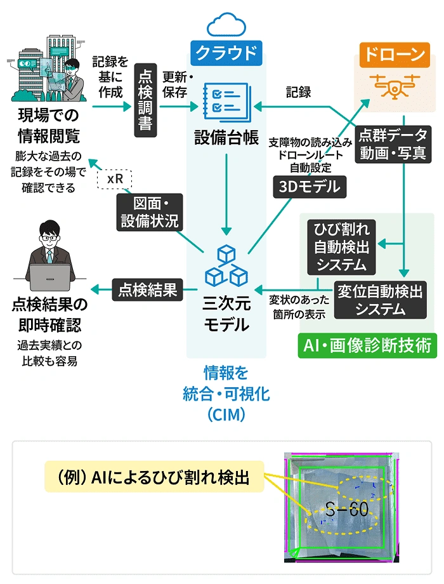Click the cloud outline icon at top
tap(226, 26)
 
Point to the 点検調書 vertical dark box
tap(145, 101)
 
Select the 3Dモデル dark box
tap(310, 186)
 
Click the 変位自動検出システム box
tap(380, 300)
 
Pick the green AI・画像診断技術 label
tap(366, 345)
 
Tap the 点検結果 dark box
tap(147, 290)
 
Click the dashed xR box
tap(115, 178)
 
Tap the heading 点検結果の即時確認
tap(49, 315)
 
